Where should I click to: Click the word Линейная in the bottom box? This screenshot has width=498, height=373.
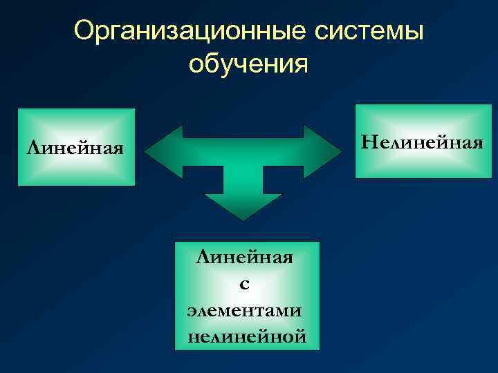(245, 258)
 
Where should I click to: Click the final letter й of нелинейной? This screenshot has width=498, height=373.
(299, 336)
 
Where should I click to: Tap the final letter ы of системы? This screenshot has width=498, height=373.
(416, 32)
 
